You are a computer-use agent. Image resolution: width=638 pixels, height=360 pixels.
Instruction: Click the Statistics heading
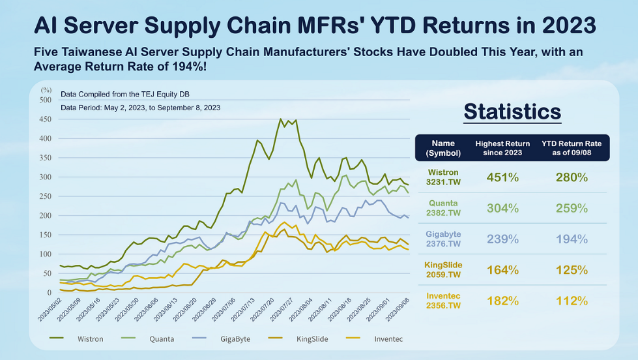click(512, 112)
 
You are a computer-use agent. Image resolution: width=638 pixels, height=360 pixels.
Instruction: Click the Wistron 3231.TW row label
click(443, 177)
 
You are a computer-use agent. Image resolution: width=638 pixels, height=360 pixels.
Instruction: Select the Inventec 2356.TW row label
click(443, 301)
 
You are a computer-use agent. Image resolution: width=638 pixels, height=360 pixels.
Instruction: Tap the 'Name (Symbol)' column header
click(443, 148)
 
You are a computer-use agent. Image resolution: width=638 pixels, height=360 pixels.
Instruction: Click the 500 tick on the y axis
click(46, 100)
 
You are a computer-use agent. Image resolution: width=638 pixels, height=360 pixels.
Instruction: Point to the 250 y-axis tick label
click(46, 196)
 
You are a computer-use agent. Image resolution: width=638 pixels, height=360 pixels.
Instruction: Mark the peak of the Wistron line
click(281, 119)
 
